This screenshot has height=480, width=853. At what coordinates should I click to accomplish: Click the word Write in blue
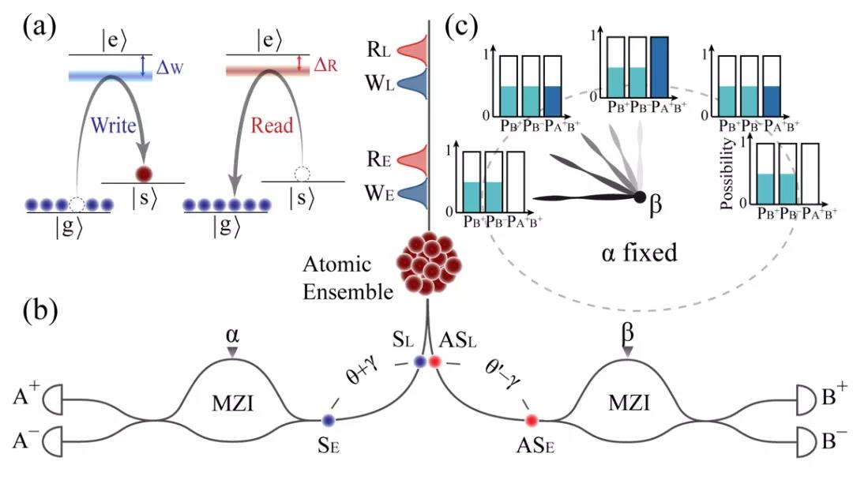(x=113, y=125)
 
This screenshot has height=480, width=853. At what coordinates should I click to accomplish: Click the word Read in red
(x=272, y=125)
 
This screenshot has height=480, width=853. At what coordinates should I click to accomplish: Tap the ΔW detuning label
(x=170, y=67)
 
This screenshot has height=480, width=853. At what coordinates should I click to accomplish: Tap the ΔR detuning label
(x=326, y=66)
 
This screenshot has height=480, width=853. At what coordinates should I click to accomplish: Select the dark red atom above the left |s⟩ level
(x=143, y=174)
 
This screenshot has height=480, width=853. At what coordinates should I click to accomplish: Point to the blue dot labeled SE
(x=328, y=420)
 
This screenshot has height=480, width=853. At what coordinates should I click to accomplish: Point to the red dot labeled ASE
(x=532, y=420)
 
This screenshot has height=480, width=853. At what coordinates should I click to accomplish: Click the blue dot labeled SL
(x=420, y=361)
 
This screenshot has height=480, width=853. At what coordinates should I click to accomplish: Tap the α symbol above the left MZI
(x=232, y=336)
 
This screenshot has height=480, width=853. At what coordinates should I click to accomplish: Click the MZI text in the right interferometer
(x=629, y=403)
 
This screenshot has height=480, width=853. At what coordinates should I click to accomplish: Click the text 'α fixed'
(x=640, y=253)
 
